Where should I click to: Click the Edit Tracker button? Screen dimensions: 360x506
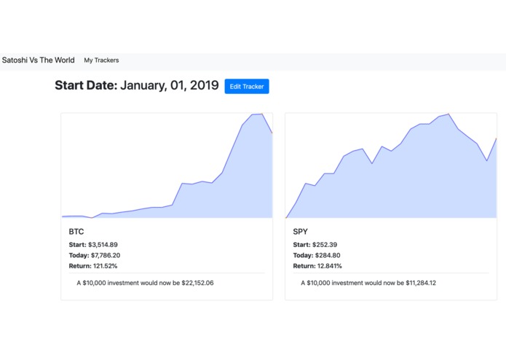pyautogui.click(x=247, y=86)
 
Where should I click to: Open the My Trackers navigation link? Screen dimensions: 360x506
pyautogui.click(x=101, y=60)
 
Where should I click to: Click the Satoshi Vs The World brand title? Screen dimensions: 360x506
pyautogui.click(x=38, y=60)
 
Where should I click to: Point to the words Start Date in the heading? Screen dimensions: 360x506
pyautogui.click(x=85, y=86)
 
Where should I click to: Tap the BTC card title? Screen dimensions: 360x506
pyautogui.click(x=76, y=231)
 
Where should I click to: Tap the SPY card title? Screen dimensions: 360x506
pyautogui.click(x=301, y=231)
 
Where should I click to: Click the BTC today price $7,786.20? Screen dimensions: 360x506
pyautogui.click(x=106, y=255)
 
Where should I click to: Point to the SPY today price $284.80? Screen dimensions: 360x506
pyautogui.click(x=328, y=255)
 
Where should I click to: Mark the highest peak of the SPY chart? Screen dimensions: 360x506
pyautogui.click(x=448, y=114)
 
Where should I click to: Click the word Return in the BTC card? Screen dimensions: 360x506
pyautogui.click(x=80, y=266)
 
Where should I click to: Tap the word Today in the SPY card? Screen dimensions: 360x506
pyautogui.click(x=302, y=255)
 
